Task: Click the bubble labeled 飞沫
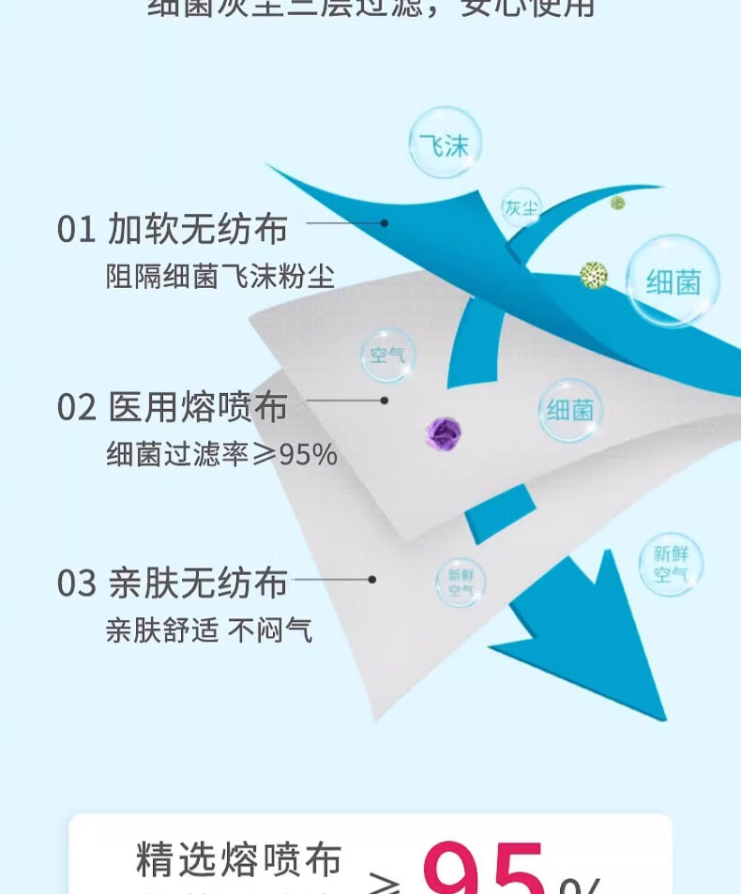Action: coord(445,144)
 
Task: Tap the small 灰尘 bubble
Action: coord(521,207)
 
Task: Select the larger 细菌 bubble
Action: coord(673,280)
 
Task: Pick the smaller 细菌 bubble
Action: coord(569,410)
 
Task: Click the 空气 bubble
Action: coord(387,356)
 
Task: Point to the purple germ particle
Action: coord(444,433)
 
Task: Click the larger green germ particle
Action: coord(593,275)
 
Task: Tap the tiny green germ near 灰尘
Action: coord(617,203)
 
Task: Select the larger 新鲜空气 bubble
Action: coord(671,563)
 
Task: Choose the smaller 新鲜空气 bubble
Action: coord(461,583)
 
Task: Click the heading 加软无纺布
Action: coord(197,229)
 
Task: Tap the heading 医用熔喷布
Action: coord(197,407)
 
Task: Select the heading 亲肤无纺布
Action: coord(197,583)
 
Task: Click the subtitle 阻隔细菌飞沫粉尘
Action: coord(220,278)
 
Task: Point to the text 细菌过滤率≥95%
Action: coord(221,455)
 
